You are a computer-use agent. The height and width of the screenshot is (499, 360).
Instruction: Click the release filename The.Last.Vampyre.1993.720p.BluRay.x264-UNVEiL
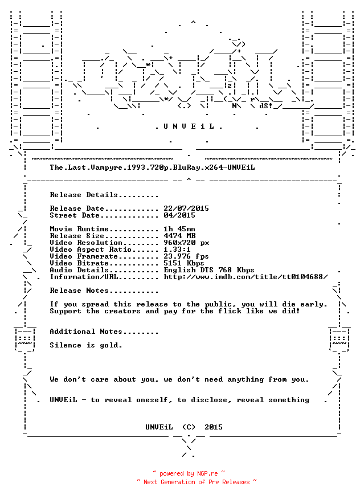[x=152, y=167]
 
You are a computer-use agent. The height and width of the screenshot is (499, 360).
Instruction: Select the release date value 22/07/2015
[x=186, y=208]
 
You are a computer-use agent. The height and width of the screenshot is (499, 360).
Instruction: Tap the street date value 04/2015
[x=179, y=215]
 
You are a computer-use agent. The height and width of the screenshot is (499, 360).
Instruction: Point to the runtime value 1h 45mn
[x=179, y=229]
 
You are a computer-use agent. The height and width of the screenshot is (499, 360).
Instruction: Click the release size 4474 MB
[x=179, y=236]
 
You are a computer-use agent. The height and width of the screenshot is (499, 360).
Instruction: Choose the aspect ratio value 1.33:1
[x=177, y=249]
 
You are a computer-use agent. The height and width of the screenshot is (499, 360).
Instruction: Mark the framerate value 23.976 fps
[x=186, y=256]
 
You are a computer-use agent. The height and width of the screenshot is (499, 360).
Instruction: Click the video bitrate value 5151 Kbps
[x=184, y=263]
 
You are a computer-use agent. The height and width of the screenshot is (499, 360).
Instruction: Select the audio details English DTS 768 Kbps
[x=209, y=270]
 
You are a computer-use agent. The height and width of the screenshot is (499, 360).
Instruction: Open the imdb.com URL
[x=246, y=277]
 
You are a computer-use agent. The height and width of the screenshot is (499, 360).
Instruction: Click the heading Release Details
[x=84, y=195]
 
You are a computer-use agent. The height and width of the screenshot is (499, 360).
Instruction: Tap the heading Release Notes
[x=79, y=291]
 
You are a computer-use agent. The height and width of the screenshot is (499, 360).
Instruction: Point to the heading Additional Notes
[x=86, y=332]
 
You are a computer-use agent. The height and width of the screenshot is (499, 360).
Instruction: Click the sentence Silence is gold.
[x=86, y=345]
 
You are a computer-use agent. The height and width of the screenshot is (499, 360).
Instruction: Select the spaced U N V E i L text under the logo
[x=189, y=126]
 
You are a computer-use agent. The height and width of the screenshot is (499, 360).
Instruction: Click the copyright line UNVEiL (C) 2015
[x=184, y=427]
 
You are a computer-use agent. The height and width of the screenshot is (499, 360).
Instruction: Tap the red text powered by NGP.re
[x=189, y=473]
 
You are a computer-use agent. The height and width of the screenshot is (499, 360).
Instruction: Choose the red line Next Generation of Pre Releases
[x=197, y=482]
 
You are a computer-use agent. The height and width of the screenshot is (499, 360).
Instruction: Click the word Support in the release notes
[x=66, y=311]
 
